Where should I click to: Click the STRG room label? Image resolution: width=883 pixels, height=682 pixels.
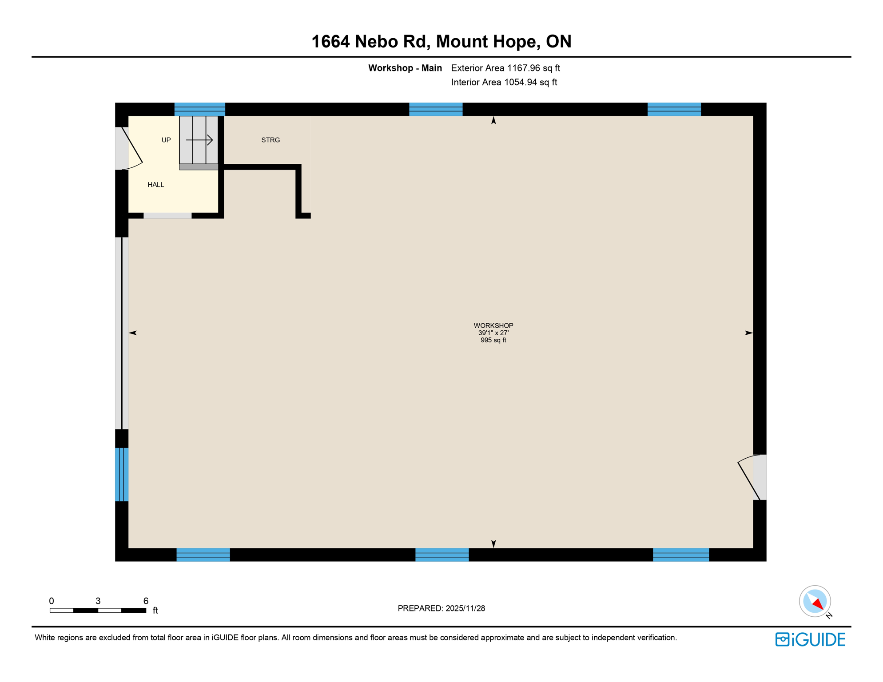click(270, 140)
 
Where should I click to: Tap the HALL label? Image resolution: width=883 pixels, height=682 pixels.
click(156, 185)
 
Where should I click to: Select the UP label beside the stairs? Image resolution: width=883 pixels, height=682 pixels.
click(166, 140)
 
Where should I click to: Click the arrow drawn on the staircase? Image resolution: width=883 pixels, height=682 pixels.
click(199, 140)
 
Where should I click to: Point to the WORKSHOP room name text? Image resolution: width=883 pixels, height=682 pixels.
click(493, 325)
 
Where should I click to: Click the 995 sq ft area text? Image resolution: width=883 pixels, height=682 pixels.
click(493, 341)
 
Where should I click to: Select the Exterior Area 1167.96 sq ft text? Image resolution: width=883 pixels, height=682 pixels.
click(505, 68)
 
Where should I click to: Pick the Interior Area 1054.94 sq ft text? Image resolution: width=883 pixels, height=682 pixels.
click(504, 83)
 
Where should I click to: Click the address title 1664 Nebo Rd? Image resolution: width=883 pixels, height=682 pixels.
click(441, 42)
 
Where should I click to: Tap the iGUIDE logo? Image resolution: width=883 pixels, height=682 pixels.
click(810, 639)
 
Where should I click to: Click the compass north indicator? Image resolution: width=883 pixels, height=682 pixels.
click(815, 602)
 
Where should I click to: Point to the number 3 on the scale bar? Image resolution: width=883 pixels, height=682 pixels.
click(98, 601)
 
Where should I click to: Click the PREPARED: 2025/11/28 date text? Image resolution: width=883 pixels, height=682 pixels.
click(441, 608)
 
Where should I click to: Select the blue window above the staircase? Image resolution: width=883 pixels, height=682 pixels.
click(200, 109)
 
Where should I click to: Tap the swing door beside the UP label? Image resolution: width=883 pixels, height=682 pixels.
click(130, 149)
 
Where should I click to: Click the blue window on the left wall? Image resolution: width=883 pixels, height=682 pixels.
click(122, 475)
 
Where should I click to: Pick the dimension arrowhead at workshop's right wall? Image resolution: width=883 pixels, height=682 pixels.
click(748, 333)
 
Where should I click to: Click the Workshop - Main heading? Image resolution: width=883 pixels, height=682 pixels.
click(405, 68)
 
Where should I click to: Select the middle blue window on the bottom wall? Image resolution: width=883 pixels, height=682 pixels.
click(442, 555)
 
